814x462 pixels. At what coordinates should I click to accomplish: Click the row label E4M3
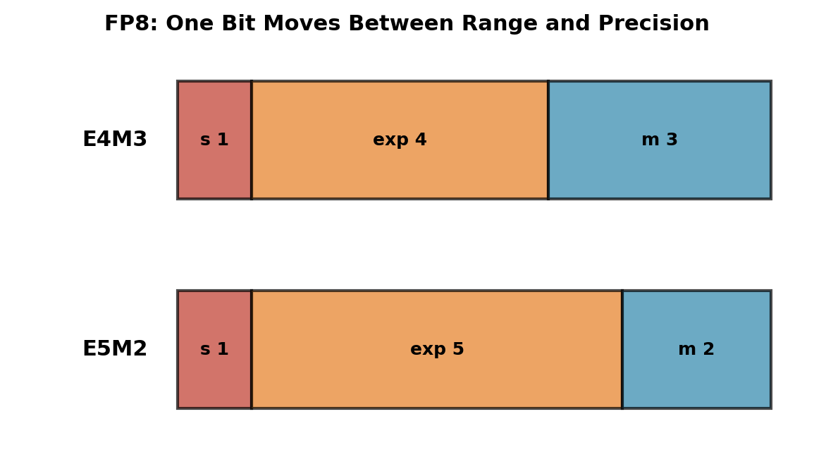click(115, 139)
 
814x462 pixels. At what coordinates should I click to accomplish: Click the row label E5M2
click(115, 348)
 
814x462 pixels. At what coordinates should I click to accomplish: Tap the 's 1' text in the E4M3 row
click(214, 139)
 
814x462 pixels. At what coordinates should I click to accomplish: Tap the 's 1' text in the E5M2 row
click(214, 348)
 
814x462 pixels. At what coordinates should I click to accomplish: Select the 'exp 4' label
click(400, 139)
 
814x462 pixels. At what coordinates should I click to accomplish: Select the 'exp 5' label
click(437, 348)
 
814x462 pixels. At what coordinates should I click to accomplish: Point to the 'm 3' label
click(660, 139)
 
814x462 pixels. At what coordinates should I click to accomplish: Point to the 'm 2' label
click(697, 348)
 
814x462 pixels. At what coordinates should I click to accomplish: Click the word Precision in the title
click(653, 23)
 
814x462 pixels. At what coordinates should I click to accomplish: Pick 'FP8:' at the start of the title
click(131, 23)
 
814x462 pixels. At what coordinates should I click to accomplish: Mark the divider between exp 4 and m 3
click(548, 140)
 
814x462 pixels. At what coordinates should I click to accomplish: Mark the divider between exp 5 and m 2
click(622, 349)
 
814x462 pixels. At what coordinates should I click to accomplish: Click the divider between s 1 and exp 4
click(252, 140)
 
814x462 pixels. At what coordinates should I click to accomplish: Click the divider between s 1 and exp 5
click(252, 349)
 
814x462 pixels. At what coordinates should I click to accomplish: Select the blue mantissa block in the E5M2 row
click(697, 349)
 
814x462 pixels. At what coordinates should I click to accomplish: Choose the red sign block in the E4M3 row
click(214, 140)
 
